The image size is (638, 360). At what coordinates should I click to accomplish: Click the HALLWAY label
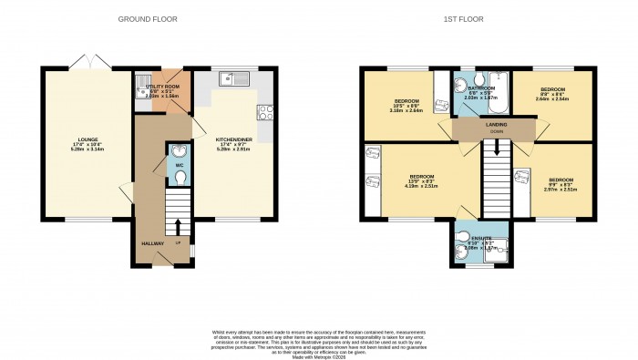[x=151, y=243]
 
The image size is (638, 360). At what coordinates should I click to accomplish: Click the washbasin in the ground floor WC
[x=178, y=150]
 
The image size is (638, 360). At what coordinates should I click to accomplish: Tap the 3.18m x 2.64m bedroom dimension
[x=406, y=111]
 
